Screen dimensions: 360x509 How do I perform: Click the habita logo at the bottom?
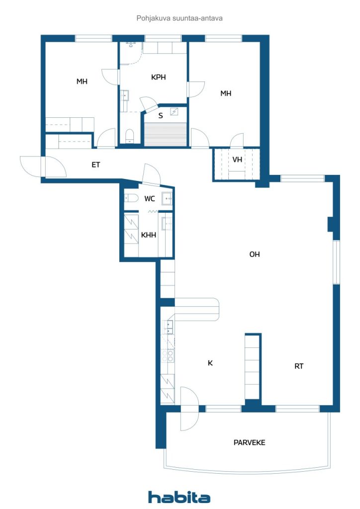pos(179,497)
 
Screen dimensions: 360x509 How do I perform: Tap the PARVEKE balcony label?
pos(249,442)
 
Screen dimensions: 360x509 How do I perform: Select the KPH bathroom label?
pos(159,77)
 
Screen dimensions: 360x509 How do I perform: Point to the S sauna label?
pos(161,115)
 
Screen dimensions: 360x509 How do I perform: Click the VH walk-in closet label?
pos(237,160)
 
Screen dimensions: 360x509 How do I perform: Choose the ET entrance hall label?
pos(95,165)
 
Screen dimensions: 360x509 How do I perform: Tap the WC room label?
pos(150,199)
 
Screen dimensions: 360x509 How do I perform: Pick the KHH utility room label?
pos(148,235)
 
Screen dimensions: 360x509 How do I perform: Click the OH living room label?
pos(255,254)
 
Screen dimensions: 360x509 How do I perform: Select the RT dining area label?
pos(299,366)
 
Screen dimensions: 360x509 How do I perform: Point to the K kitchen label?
pos(210,363)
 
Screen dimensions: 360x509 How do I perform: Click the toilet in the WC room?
pos(131,198)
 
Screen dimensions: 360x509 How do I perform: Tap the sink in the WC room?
pos(167,198)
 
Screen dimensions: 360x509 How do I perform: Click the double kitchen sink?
pos(168,327)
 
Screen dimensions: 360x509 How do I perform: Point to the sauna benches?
pos(166,134)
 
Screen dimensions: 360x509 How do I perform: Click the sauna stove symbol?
pos(174,112)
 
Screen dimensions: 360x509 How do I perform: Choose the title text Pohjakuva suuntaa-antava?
pos(180,18)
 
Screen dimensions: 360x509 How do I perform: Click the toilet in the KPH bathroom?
pos(129,136)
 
